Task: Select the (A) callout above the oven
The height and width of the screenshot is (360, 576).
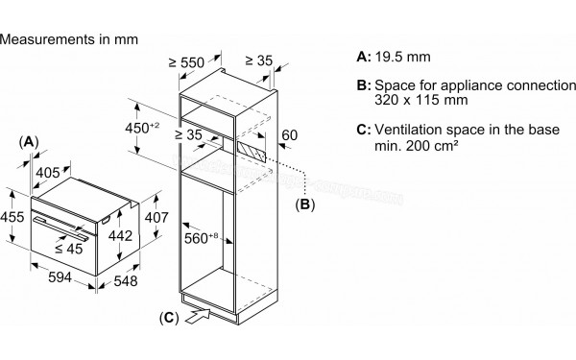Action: click(30, 141)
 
